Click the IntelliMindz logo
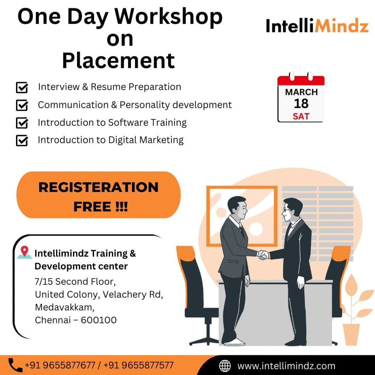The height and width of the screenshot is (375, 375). (317, 26)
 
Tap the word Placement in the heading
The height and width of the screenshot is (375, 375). (118, 61)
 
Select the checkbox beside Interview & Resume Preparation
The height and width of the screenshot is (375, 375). (22, 87)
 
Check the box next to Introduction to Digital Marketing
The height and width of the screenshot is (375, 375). (22, 140)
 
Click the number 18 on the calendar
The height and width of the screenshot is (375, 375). (301, 104)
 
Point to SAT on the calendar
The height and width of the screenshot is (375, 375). (301, 117)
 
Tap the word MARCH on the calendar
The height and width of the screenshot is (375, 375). (301, 92)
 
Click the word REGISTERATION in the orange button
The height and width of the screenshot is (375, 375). (99, 187)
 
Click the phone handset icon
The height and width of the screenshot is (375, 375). (15, 365)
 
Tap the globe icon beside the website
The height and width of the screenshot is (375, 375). (225, 366)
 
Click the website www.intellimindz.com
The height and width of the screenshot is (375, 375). (286, 366)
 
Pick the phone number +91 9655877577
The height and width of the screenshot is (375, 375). (138, 365)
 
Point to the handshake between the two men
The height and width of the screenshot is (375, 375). (263, 254)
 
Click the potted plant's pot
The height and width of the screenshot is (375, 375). (351, 334)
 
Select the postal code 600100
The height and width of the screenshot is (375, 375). (99, 320)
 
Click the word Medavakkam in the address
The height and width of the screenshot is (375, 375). (64, 307)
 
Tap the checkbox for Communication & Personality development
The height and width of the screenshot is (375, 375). (22, 105)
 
